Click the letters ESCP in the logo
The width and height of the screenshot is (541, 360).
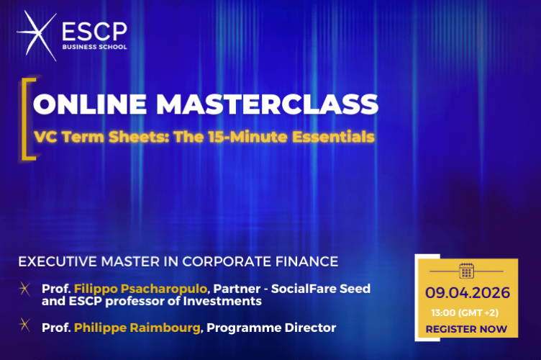(94, 32)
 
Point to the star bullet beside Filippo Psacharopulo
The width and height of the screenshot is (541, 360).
(25, 290)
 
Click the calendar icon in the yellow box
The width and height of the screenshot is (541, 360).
(466, 271)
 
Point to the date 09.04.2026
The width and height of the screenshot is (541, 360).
(467, 293)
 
